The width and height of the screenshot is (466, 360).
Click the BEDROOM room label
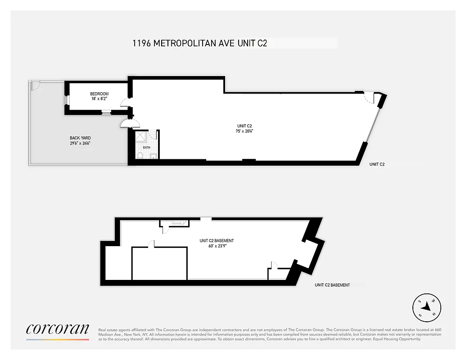[x=99, y=94]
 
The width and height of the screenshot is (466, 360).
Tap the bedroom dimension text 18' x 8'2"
[x=99, y=99]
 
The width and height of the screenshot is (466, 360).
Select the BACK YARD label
[x=80, y=138]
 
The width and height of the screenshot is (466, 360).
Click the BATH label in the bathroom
[x=146, y=147]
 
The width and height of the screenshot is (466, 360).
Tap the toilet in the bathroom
[x=140, y=156]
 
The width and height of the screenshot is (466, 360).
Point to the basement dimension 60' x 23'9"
[x=217, y=246]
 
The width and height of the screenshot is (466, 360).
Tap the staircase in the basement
[x=175, y=223]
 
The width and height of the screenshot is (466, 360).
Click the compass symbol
[x=427, y=309]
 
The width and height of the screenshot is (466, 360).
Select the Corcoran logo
[x=58, y=330]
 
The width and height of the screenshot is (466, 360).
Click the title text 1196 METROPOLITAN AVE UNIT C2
[x=200, y=43]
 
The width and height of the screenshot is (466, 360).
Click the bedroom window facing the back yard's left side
[x=66, y=99]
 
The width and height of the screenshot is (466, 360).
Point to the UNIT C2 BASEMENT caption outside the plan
[x=332, y=285]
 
